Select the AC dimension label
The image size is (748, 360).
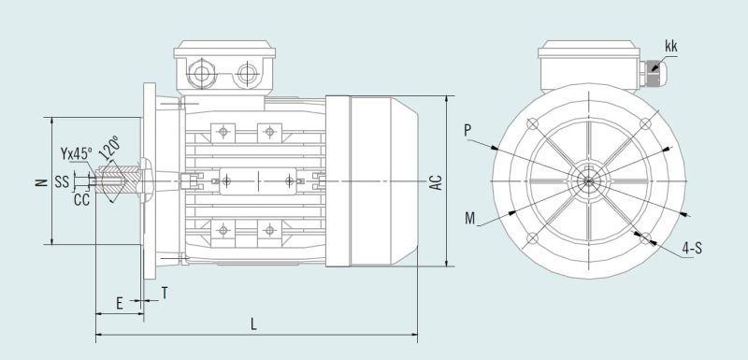coord(435,180)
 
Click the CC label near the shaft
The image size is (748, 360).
coord(80,199)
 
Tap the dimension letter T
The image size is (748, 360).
coord(164,293)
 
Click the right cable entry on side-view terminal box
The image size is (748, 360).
coord(248,74)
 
